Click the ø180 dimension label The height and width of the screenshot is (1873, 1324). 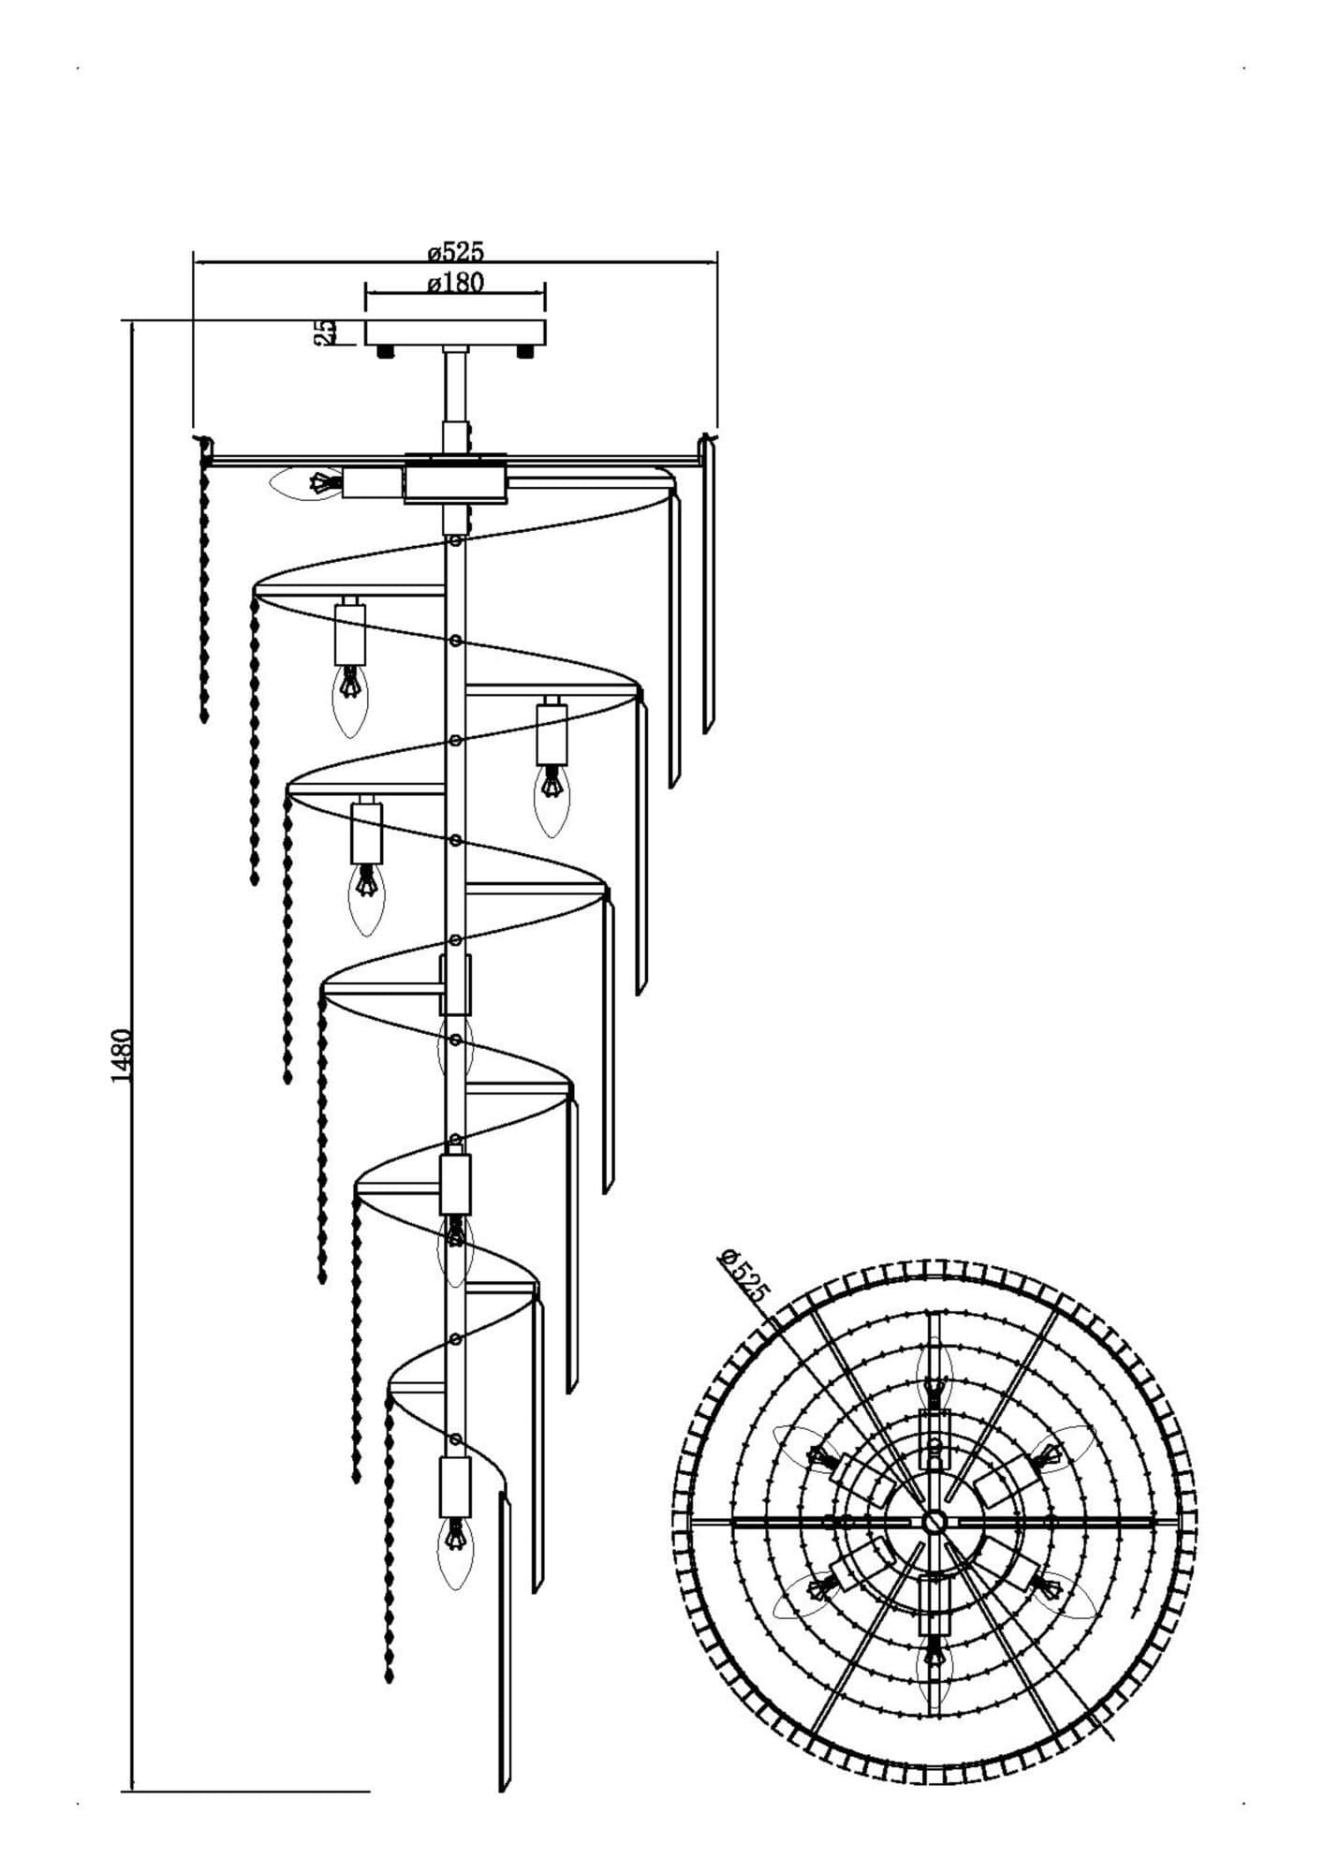pos(455,282)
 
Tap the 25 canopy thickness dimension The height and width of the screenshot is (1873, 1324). pos(326,332)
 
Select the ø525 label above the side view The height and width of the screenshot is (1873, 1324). pos(455,251)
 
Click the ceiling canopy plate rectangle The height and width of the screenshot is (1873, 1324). pos(455,333)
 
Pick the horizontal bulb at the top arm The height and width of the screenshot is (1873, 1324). pos(306,483)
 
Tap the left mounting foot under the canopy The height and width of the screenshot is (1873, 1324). pos(385,352)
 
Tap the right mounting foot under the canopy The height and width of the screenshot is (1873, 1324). pos(524,352)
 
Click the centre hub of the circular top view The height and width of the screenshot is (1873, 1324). pos(933,1521)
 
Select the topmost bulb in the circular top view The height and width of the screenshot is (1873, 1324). pos(934,1375)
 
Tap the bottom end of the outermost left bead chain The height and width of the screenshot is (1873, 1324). pos(204,719)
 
